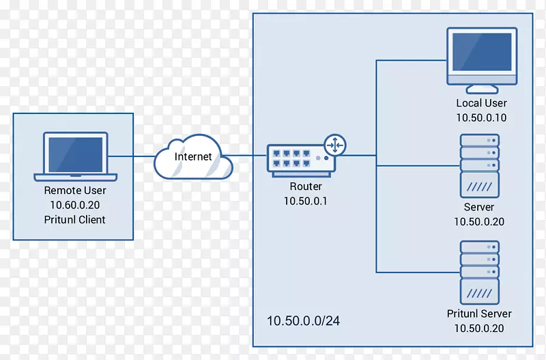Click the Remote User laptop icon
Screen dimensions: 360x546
coord(75,156)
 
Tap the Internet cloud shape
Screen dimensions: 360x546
coord(193,157)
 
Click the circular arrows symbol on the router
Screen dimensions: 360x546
coord(336,145)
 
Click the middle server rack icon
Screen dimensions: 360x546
coord(479,165)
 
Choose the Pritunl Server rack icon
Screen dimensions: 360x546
coord(479,272)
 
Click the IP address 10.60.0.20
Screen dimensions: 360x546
coord(75,205)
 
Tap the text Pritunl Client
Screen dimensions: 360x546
coord(75,219)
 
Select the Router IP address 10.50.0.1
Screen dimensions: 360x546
coord(305,200)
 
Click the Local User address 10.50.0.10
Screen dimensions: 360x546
coord(481,117)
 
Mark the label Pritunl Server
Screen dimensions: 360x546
coord(479,314)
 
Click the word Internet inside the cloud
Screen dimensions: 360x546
coord(193,156)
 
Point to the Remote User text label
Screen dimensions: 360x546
coord(75,191)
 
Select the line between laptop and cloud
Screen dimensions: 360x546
coord(131,156)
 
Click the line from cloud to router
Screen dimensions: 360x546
coord(249,156)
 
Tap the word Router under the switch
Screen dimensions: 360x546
coord(305,186)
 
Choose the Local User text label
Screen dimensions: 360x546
coord(481,103)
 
